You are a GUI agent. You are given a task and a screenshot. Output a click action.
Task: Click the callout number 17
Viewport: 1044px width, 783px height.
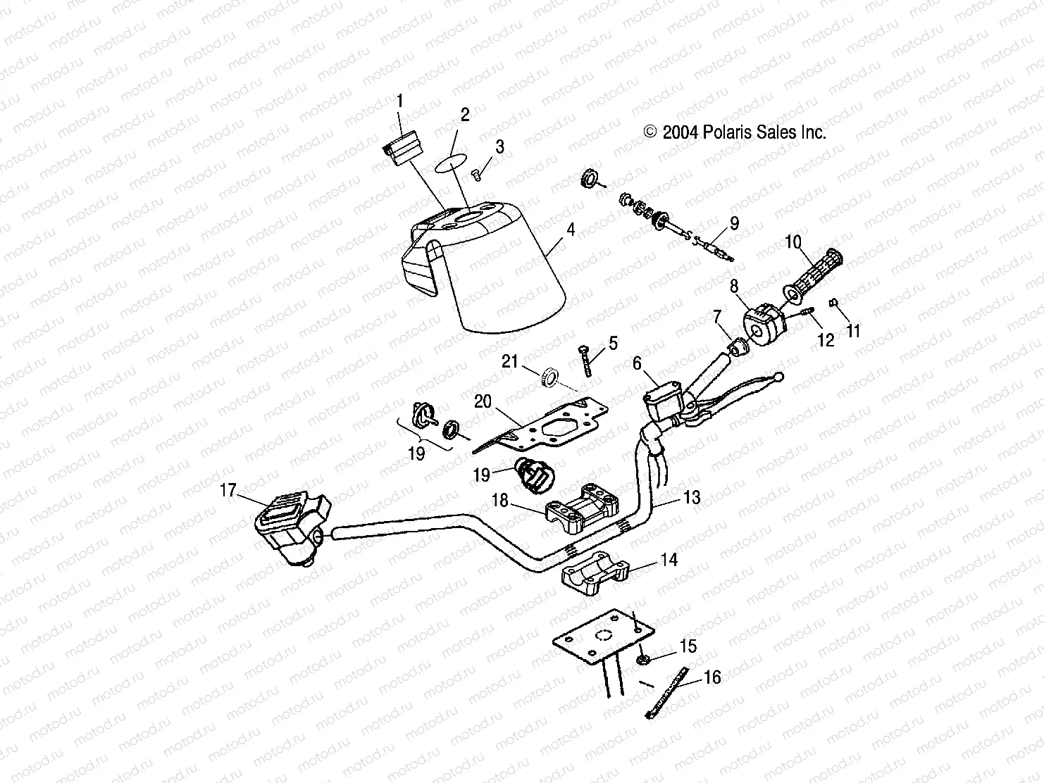pyautogui.click(x=228, y=490)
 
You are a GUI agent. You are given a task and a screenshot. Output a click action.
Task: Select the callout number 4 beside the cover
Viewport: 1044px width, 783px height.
pyautogui.click(x=570, y=230)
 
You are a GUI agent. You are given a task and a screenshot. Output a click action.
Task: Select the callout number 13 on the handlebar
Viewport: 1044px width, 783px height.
pyautogui.click(x=692, y=498)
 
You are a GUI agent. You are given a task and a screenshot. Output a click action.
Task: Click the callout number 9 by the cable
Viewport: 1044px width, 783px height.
pyautogui.click(x=734, y=224)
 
